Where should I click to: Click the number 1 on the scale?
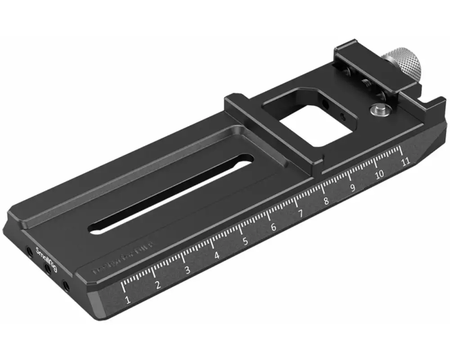[128, 300]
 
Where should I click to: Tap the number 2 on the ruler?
[158, 285]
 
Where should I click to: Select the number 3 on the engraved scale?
[187, 270]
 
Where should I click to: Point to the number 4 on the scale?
[217, 256]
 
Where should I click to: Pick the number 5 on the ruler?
[245, 242]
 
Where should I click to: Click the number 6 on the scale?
[273, 228]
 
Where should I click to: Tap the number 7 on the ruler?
[300, 214]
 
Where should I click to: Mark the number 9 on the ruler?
[353, 188]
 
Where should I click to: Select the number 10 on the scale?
[379, 175]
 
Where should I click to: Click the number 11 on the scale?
[406, 162]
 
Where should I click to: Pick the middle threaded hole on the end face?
[47, 270]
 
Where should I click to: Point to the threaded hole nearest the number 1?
[66, 285]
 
